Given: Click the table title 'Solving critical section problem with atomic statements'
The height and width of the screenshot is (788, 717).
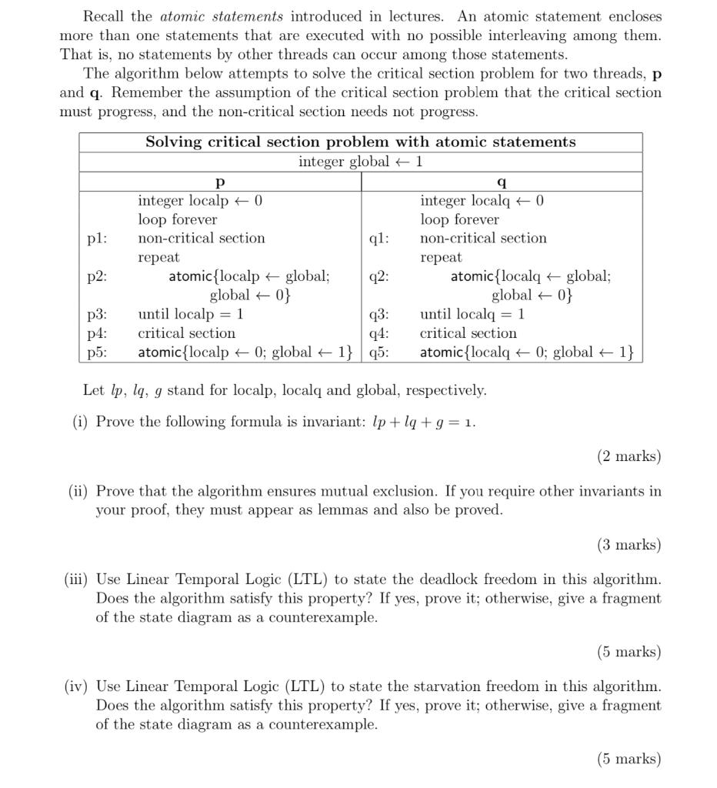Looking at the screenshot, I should [360, 142].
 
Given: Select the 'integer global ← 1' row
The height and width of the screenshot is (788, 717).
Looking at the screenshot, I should [360, 162].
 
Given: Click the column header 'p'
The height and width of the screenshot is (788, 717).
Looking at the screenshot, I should [220, 182].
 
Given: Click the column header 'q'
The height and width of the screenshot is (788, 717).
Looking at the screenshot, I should [502, 182].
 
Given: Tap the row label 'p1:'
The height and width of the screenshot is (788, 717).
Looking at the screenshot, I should [97, 239].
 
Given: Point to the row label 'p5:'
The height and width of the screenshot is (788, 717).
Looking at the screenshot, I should [97, 352].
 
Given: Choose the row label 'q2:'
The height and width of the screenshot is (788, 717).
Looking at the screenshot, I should [379, 276].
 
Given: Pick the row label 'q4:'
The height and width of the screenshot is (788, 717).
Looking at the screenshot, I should [379, 333].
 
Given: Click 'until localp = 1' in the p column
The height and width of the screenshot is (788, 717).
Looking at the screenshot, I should [191, 314].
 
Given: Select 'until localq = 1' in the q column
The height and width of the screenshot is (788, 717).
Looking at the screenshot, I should [472, 314].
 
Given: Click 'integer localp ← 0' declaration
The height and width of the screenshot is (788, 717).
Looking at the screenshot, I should [200, 201].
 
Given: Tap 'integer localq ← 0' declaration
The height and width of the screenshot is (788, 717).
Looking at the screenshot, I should [482, 201].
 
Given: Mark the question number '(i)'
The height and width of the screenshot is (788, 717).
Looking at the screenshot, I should [80, 422].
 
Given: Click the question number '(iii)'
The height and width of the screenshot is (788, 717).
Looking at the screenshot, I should [77, 579].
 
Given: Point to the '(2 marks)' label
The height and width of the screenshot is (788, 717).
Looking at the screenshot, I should [629, 456].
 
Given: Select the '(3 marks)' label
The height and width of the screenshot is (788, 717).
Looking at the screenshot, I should [629, 545].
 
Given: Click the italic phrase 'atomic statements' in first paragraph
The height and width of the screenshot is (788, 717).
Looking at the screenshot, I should [222, 16].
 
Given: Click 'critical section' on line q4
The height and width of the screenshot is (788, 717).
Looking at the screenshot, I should [468, 333].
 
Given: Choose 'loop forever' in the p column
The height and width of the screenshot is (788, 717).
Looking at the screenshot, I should [178, 219].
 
